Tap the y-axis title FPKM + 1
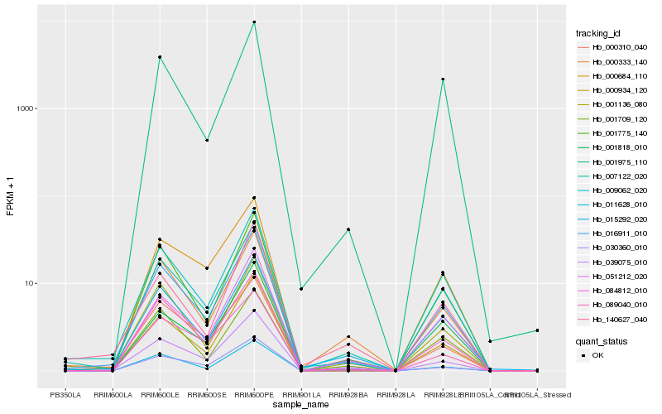tap(11, 197)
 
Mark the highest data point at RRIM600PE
tap(254, 22)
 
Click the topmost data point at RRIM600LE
tap(160, 57)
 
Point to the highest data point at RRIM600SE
tap(207, 141)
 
